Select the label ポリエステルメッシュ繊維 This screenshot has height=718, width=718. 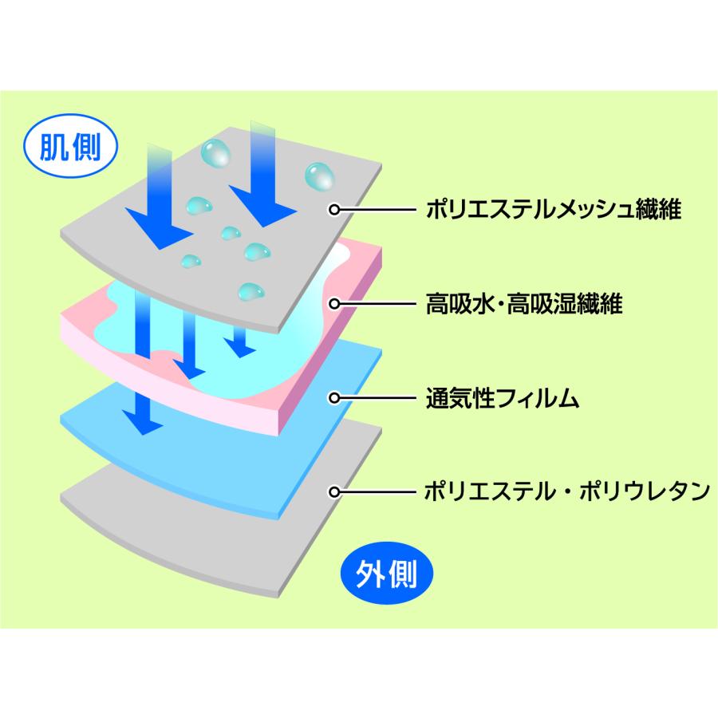[x=558, y=210]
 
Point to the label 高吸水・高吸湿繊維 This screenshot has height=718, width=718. [x=523, y=303]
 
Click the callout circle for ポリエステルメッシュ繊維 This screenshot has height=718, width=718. [x=336, y=210]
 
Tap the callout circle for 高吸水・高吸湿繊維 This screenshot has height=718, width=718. [x=336, y=303]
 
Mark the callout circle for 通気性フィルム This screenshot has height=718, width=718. [x=336, y=396]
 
